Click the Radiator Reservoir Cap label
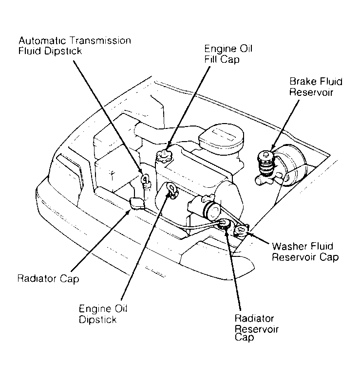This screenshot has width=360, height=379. pyautogui.click(x=257, y=327)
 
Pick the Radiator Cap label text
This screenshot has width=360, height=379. pyautogui.click(x=48, y=279)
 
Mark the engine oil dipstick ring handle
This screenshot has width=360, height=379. pyautogui.click(x=171, y=189)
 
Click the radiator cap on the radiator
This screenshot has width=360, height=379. pyautogui.click(x=136, y=204)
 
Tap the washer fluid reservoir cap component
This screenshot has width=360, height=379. pyautogui.click(x=241, y=230)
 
